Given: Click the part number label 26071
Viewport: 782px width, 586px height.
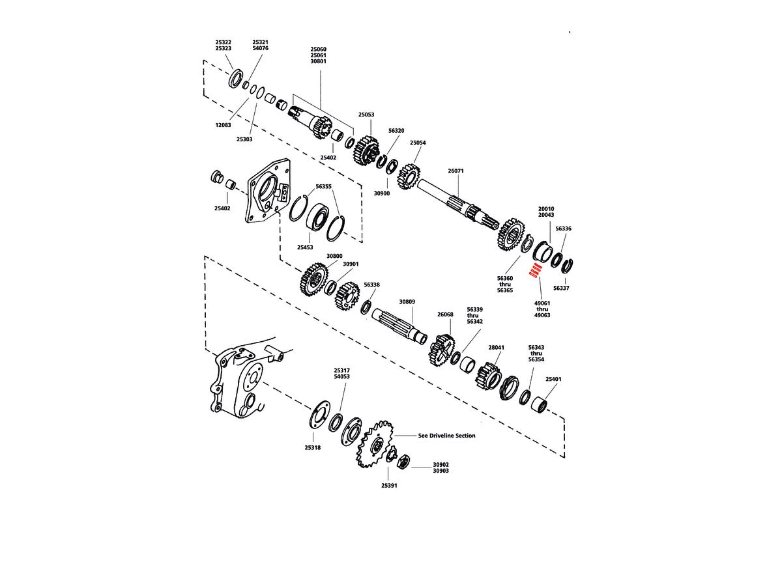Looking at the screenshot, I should [x=456, y=171].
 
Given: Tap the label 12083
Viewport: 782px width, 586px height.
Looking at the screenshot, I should [x=224, y=124].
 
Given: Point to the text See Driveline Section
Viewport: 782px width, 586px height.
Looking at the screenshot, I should [x=446, y=436].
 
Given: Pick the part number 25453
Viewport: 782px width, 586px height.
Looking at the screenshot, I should [x=305, y=247].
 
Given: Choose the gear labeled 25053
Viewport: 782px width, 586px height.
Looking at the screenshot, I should [x=367, y=152].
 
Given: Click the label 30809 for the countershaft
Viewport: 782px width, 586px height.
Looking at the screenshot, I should [x=407, y=302].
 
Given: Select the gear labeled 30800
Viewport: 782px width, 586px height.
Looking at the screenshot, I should [x=314, y=280].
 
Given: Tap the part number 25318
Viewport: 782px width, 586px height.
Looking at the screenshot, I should [x=312, y=447].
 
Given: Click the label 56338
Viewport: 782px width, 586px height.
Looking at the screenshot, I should [x=372, y=285].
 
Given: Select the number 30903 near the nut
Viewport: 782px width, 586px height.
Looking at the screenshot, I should [x=441, y=471].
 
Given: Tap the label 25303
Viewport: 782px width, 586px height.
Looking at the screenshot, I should [x=244, y=139].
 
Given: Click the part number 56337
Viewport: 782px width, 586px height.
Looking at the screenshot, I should [x=561, y=287].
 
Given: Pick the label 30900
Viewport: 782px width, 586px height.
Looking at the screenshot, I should [x=381, y=193].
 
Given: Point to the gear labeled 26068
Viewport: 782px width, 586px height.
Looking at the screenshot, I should [x=441, y=349].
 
